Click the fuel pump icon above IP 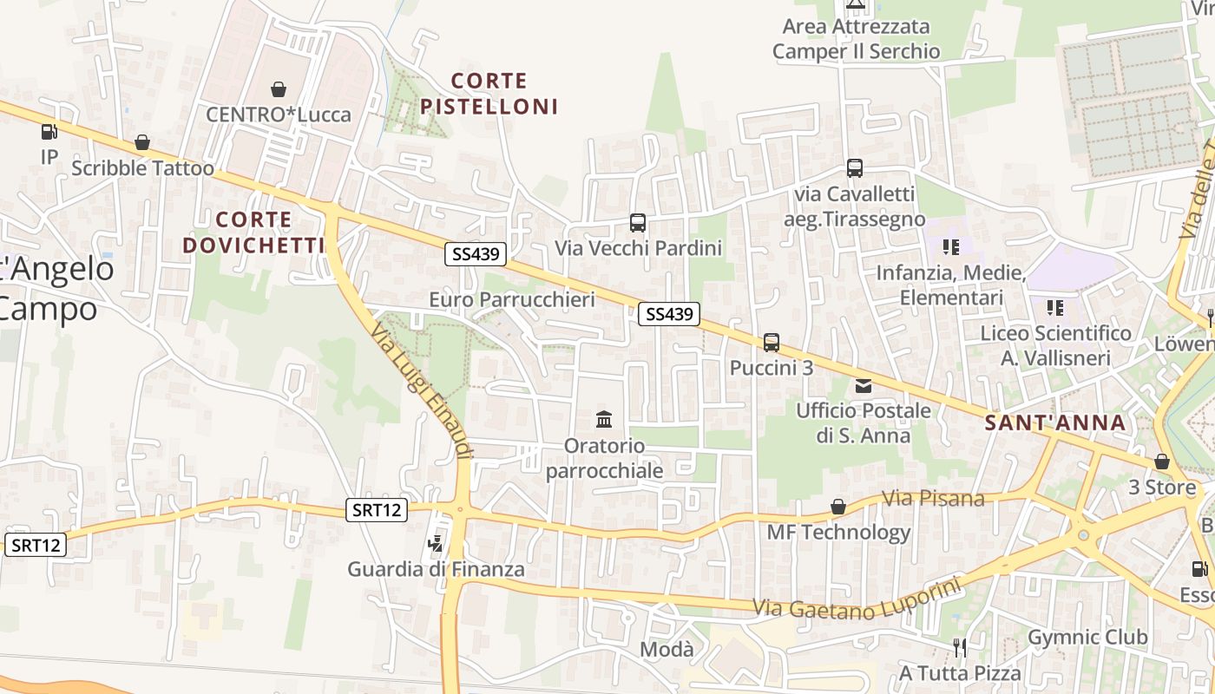pyautogui.click(x=49, y=133)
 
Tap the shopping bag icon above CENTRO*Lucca pyautogui.click(x=279, y=89)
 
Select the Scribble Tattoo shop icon pyautogui.click(x=142, y=143)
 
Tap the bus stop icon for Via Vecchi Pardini pyautogui.click(x=638, y=223)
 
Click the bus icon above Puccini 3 pyautogui.click(x=772, y=343)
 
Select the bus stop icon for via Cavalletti pyautogui.click(x=855, y=168)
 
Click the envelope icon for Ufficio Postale pyautogui.click(x=863, y=386)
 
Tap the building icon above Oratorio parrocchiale pyautogui.click(x=604, y=421)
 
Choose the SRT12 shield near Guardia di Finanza pyautogui.click(x=377, y=510)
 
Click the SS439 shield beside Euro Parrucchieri pyautogui.click(x=476, y=254)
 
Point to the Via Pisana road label pyautogui.click(x=933, y=499)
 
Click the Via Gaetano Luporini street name pyautogui.click(x=857, y=600)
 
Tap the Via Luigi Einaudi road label pyautogui.click(x=422, y=391)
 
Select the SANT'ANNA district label pyautogui.click(x=1055, y=423)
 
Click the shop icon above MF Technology pyautogui.click(x=838, y=507)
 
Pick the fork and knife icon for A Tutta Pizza pyautogui.click(x=960, y=648)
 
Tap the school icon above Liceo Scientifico pyautogui.click(x=1055, y=308)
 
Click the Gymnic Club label pyautogui.click(x=1087, y=638)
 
